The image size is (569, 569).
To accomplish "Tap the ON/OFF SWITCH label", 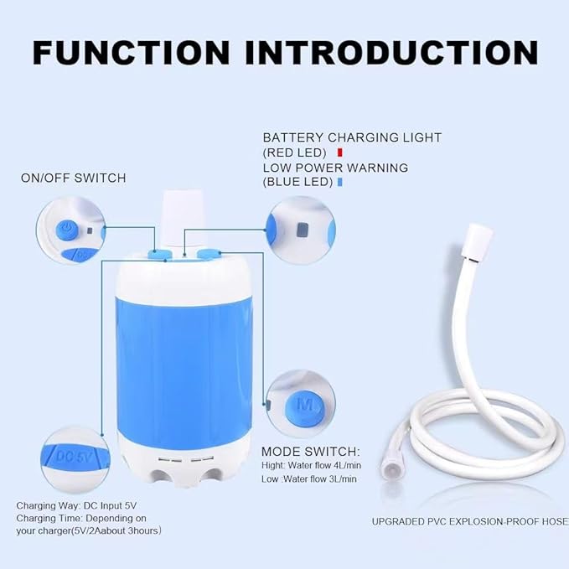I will (x=74, y=178).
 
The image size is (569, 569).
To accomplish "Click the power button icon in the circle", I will (x=68, y=228).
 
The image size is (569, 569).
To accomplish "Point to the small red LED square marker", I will (x=339, y=153).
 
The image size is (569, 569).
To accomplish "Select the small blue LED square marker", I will (x=340, y=182).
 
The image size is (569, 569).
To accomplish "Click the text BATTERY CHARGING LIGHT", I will (x=352, y=137).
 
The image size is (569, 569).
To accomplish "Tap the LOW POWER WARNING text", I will (x=335, y=168).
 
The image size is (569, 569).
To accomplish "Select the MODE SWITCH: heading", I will (x=310, y=451).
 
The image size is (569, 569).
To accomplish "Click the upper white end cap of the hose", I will (x=477, y=232).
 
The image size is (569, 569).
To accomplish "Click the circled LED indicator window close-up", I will (x=299, y=229).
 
